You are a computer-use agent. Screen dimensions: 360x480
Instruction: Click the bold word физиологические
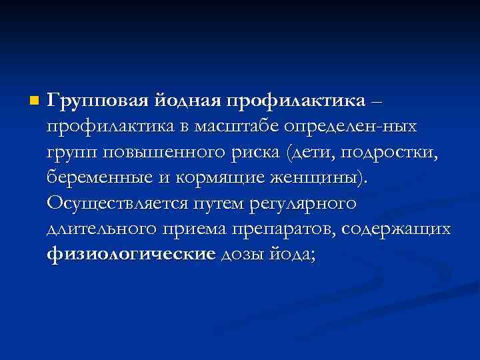[x=131, y=253]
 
